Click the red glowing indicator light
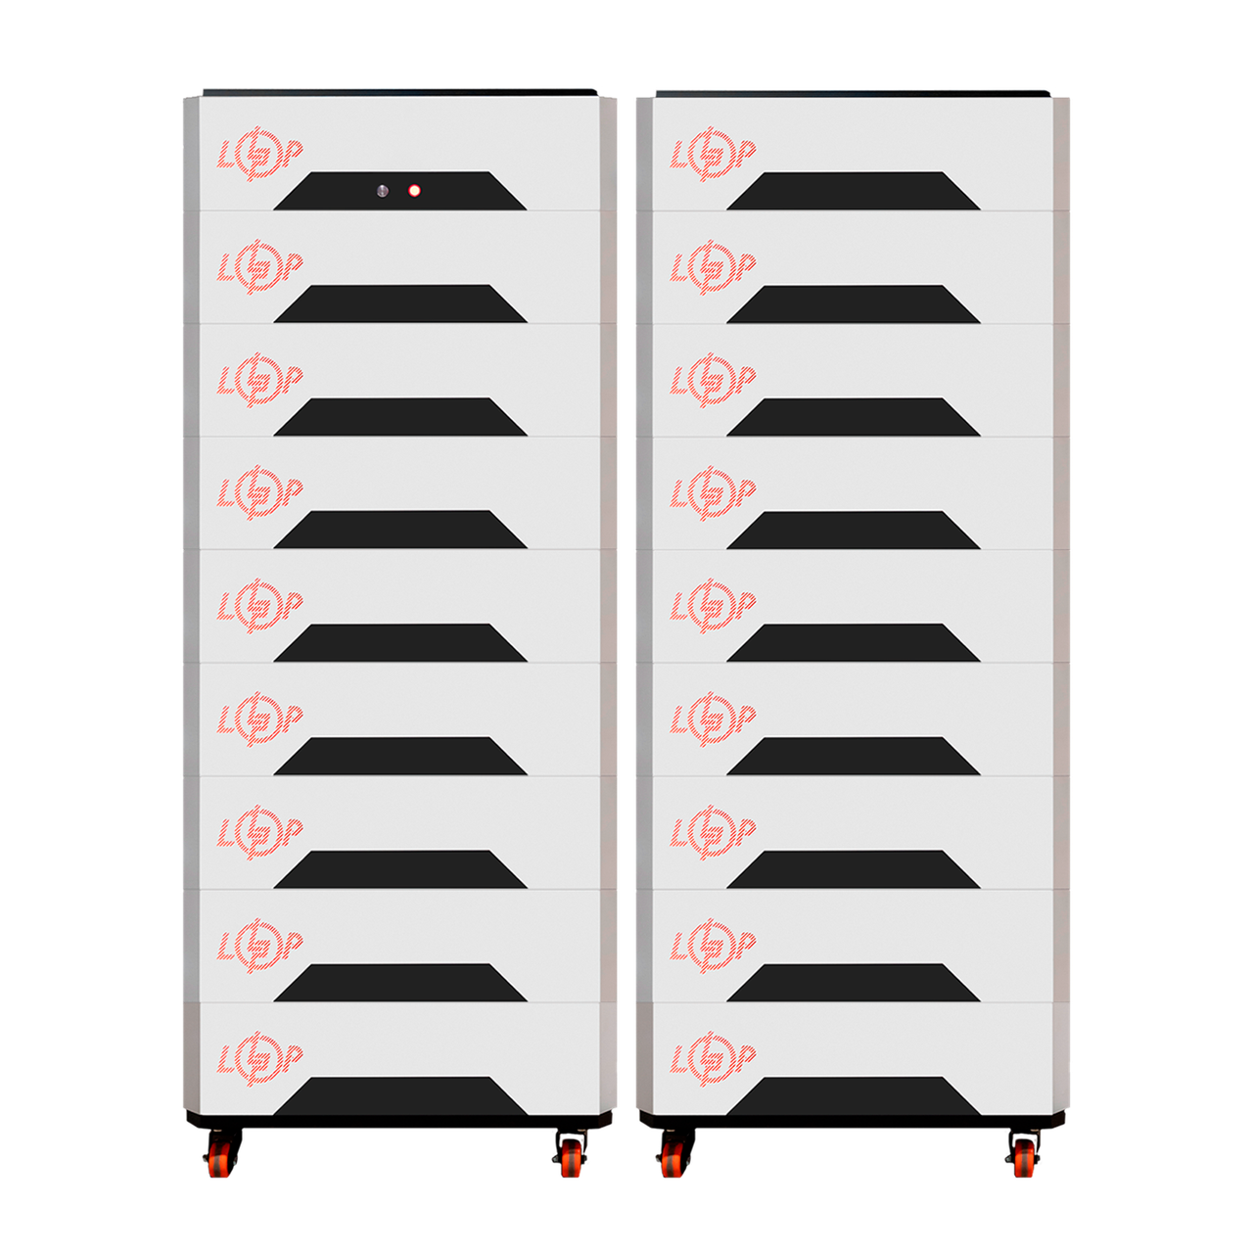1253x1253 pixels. click(x=415, y=191)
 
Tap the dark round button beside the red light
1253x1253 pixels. click(x=383, y=191)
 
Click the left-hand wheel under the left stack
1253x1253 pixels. click(x=218, y=1157)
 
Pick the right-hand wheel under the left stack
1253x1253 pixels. click(x=572, y=1157)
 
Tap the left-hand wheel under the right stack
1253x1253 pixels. click(x=672, y=1157)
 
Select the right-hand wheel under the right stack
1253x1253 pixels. click(x=1025, y=1157)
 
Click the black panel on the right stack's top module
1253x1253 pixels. click(x=853, y=192)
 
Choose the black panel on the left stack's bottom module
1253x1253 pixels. click(x=399, y=1096)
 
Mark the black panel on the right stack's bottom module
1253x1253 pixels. click(x=853, y=1096)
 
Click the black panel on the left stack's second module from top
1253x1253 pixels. click(x=399, y=304)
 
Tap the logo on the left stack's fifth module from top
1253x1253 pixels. click(x=259, y=607)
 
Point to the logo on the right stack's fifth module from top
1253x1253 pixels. click(x=713, y=607)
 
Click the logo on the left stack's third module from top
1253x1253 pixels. click(x=259, y=381)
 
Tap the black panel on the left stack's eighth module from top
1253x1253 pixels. click(x=399, y=983)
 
